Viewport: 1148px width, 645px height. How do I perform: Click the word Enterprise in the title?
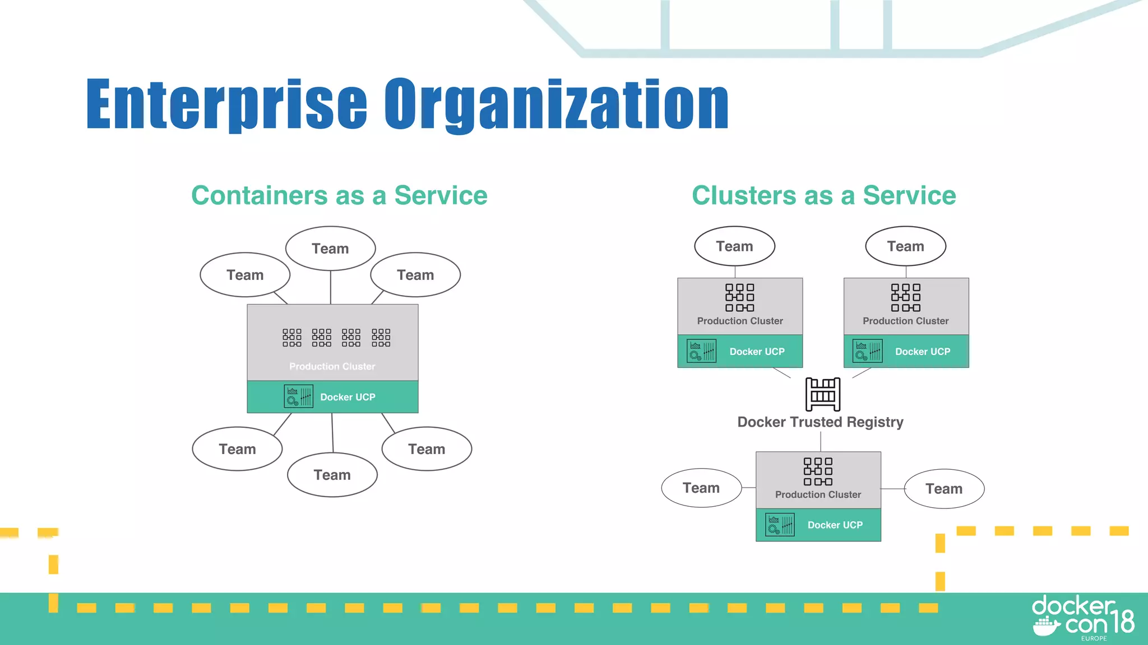(x=226, y=105)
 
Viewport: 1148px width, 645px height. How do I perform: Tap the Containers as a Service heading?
(x=339, y=195)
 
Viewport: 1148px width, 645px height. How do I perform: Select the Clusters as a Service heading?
(x=823, y=195)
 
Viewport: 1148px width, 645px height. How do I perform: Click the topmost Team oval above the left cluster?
(x=330, y=249)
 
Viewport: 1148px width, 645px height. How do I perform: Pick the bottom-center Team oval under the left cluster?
(x=332, y=475)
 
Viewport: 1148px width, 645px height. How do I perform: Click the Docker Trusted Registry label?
(x=820, y=422)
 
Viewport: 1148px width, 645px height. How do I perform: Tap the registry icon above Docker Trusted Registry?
(x=822, y=394)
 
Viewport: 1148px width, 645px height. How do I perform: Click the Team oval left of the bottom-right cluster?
(x=701, y=488)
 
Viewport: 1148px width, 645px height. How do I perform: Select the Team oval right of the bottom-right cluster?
(x=944, y=489)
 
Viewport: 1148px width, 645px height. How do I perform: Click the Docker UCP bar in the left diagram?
(x=332, y=397)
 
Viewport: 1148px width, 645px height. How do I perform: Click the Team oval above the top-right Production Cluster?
(x=905, y=246)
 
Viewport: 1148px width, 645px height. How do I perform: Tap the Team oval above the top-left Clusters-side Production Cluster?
(x=734, y=246)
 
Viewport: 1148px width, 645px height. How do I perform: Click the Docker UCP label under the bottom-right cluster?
(x=835, y=525)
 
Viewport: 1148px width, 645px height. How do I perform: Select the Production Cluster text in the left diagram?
(x=332, y=366)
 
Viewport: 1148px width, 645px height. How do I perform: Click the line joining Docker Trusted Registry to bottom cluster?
(x=821, y=441)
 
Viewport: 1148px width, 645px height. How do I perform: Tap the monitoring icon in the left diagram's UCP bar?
(x=298, y=396)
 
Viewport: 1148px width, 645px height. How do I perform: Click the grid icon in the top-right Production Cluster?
(x=905, y=297)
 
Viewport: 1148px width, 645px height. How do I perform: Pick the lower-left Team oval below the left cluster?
(x=237, y=449)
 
